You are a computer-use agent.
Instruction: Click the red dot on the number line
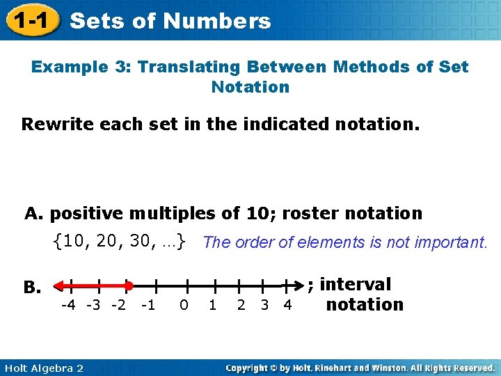pos(129,285)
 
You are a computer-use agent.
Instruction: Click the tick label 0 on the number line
pos(184,305)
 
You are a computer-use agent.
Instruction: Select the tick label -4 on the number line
pos(69,305)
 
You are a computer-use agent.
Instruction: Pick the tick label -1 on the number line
pos(148,305)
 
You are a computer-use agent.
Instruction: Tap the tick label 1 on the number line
pos(213,305)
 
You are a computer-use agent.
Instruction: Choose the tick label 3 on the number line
pos(264,305)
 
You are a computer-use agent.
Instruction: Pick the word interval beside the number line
pos(355,284)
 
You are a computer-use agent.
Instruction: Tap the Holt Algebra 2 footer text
pos(42,368)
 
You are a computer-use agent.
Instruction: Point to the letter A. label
pos(35,213)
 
